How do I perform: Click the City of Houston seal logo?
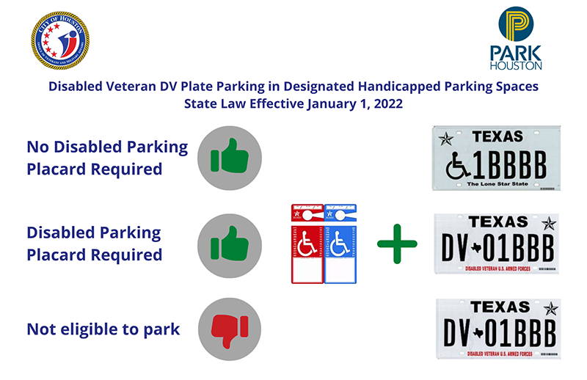[59, 40]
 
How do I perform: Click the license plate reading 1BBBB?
[497, 158]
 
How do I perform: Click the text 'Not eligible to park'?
[103, 329]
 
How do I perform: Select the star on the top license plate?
[445, 138]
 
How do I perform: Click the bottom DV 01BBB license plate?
[497, 327]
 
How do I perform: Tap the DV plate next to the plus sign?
[497, 243]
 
